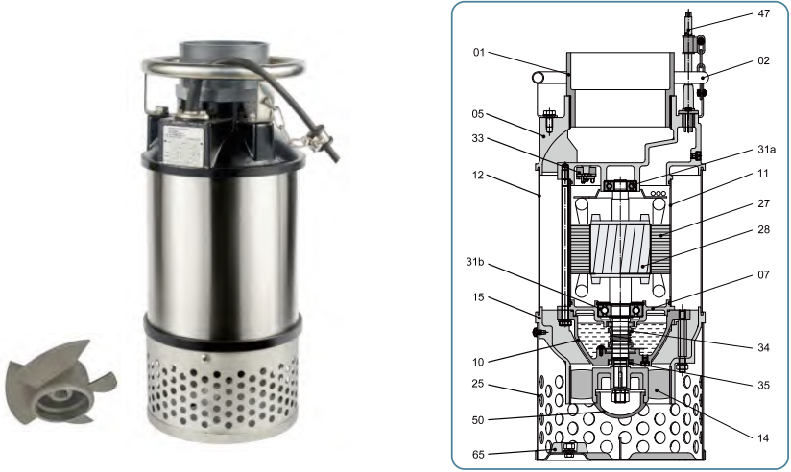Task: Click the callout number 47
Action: [764, 13]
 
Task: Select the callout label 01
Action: [479, 52]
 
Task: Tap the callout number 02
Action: [764, 60]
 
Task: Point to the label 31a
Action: [766, 150]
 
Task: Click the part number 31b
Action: [475, 262]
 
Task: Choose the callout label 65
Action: [478, 455]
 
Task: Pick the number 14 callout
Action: [763, 438]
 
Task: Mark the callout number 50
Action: [478, 420]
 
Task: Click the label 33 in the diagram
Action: [478, 138]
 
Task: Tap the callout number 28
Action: [764, 229]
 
